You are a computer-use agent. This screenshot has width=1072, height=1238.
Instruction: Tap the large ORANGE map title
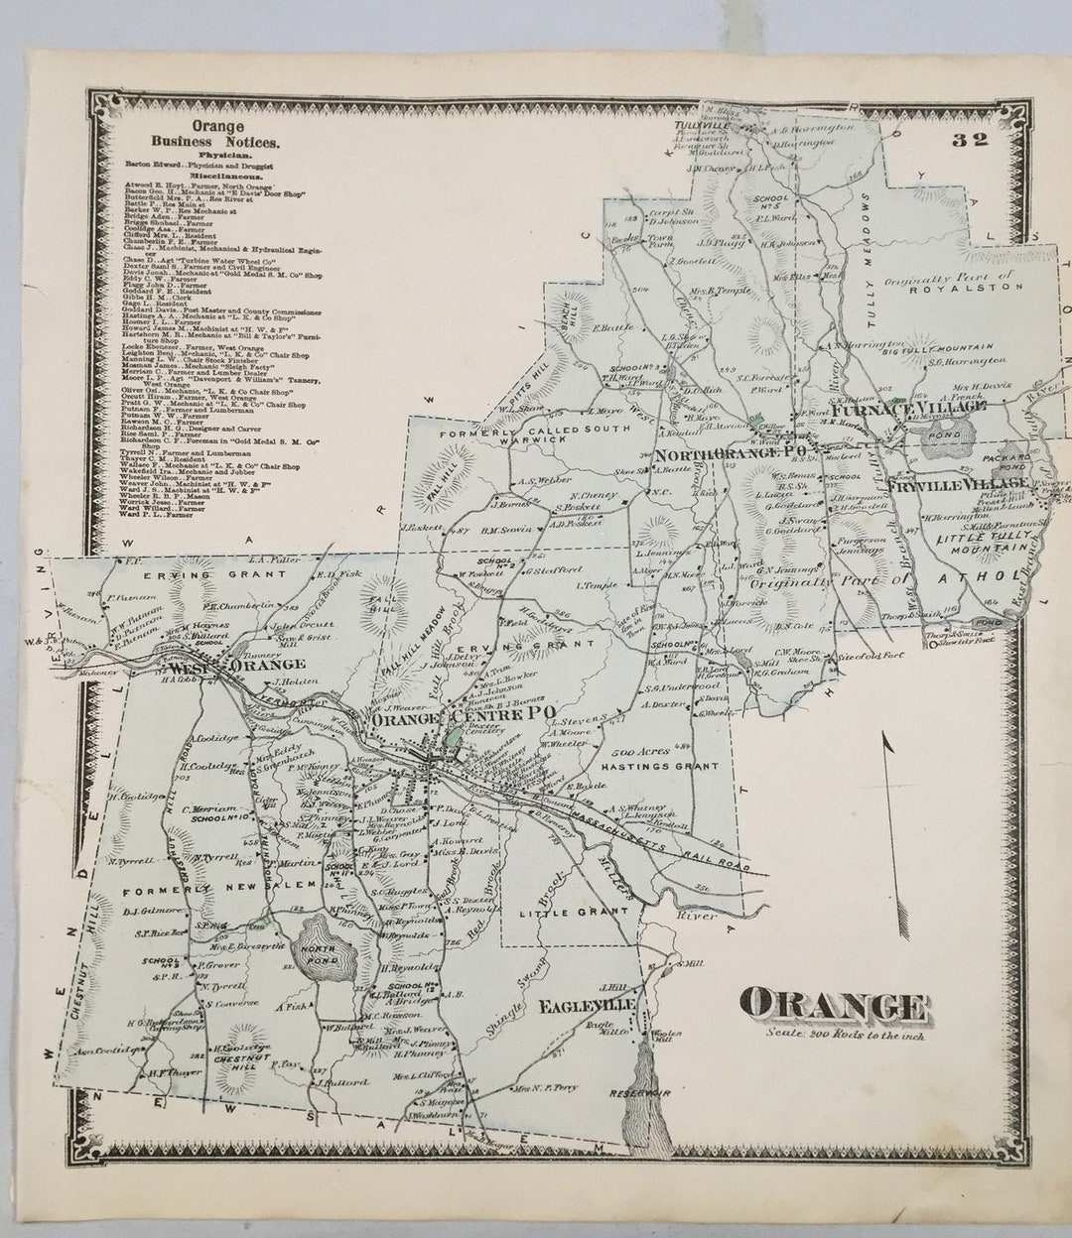coord(835,1007)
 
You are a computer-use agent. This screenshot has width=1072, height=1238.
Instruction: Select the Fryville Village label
coord(958,483)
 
